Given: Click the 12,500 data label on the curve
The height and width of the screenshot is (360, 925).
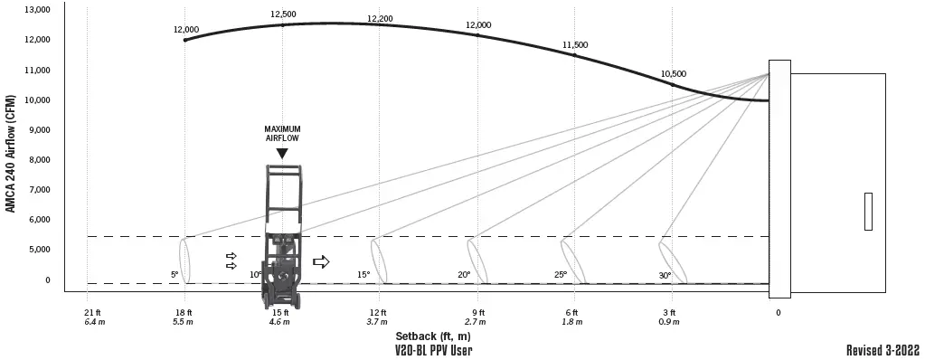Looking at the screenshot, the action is pos(283,14).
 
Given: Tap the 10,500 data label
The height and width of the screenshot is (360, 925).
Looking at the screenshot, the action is pos(673,74).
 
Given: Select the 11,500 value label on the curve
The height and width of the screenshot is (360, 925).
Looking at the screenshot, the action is pos(575,44).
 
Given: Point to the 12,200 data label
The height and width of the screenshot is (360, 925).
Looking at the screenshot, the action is pos(380,19).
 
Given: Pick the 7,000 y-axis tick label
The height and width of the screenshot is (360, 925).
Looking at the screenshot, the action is pos(38,190).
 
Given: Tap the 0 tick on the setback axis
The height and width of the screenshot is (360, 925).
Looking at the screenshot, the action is pos(778,312).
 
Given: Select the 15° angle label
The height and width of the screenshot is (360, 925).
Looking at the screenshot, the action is pos(363,274).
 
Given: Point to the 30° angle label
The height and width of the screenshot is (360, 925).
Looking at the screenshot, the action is pos(665,274).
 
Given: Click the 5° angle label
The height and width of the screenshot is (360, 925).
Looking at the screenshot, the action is pos(175,274).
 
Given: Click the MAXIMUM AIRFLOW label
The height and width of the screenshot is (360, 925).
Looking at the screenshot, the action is pos(282,133).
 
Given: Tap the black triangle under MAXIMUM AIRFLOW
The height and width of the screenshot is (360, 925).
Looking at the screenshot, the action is pos(282,154).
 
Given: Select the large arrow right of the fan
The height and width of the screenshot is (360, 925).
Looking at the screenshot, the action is pos(321,261).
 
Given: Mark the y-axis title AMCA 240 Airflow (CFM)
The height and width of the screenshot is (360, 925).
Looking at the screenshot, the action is pos(11,153).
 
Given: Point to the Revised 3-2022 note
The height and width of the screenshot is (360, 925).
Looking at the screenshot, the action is pos(884,350).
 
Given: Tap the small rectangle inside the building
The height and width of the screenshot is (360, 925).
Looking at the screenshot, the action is pos(868,212).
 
